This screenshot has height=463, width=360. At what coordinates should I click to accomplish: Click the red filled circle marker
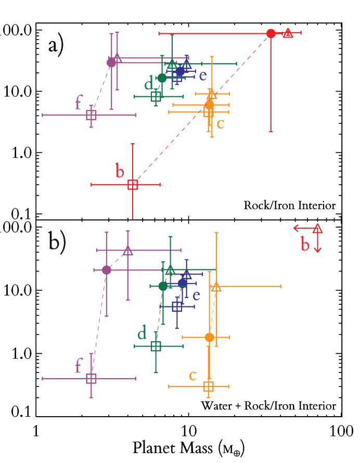pyautogui.click(x=271, y=34)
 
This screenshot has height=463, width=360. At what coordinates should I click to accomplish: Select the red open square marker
pyautogui.click(x=133, y=185)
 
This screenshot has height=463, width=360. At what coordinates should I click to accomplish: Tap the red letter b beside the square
pyautogui.click(x=120, y=171)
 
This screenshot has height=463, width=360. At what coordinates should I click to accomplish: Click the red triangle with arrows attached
pyautogui.click(x=317, y=228)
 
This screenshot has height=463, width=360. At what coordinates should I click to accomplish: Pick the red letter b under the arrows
pyautogui.click(x=305, y=245)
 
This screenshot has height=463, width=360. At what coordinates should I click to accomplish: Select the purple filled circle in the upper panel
pyautogui.click(x=111, y=63)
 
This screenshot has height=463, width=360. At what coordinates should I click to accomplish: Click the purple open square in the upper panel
pyautogui.click(x=91, y=115)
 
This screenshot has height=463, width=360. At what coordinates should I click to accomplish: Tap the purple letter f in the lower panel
pyautogui.click(x=79, y=365)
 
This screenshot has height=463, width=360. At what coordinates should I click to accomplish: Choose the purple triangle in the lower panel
pyautogui.click(x=128, y=251)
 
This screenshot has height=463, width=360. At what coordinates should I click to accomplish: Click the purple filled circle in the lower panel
pyautogui.click(x=107, y=270)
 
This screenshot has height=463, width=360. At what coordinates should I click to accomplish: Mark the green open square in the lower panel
pyautogui.click(x=156, y=346)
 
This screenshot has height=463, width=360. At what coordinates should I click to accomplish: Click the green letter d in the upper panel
pyautogui.click(x=149, y=84)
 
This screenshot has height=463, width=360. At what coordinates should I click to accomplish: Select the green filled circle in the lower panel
pyautogui.click(x=163, y=286)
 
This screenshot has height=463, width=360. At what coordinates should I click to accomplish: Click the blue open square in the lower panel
pyautogui.click(x=177, y=306)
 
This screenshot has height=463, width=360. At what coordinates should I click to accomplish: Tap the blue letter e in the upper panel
pyautogui.click(x=203, y=76)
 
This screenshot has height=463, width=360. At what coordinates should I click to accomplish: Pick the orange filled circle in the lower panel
pyautogui.click(x=209, y=337)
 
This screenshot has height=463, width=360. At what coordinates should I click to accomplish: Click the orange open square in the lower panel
pyautogui.click(x=209, y=386)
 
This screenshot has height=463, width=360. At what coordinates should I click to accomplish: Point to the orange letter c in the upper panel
pyautogui.click(x=221, y=124)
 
